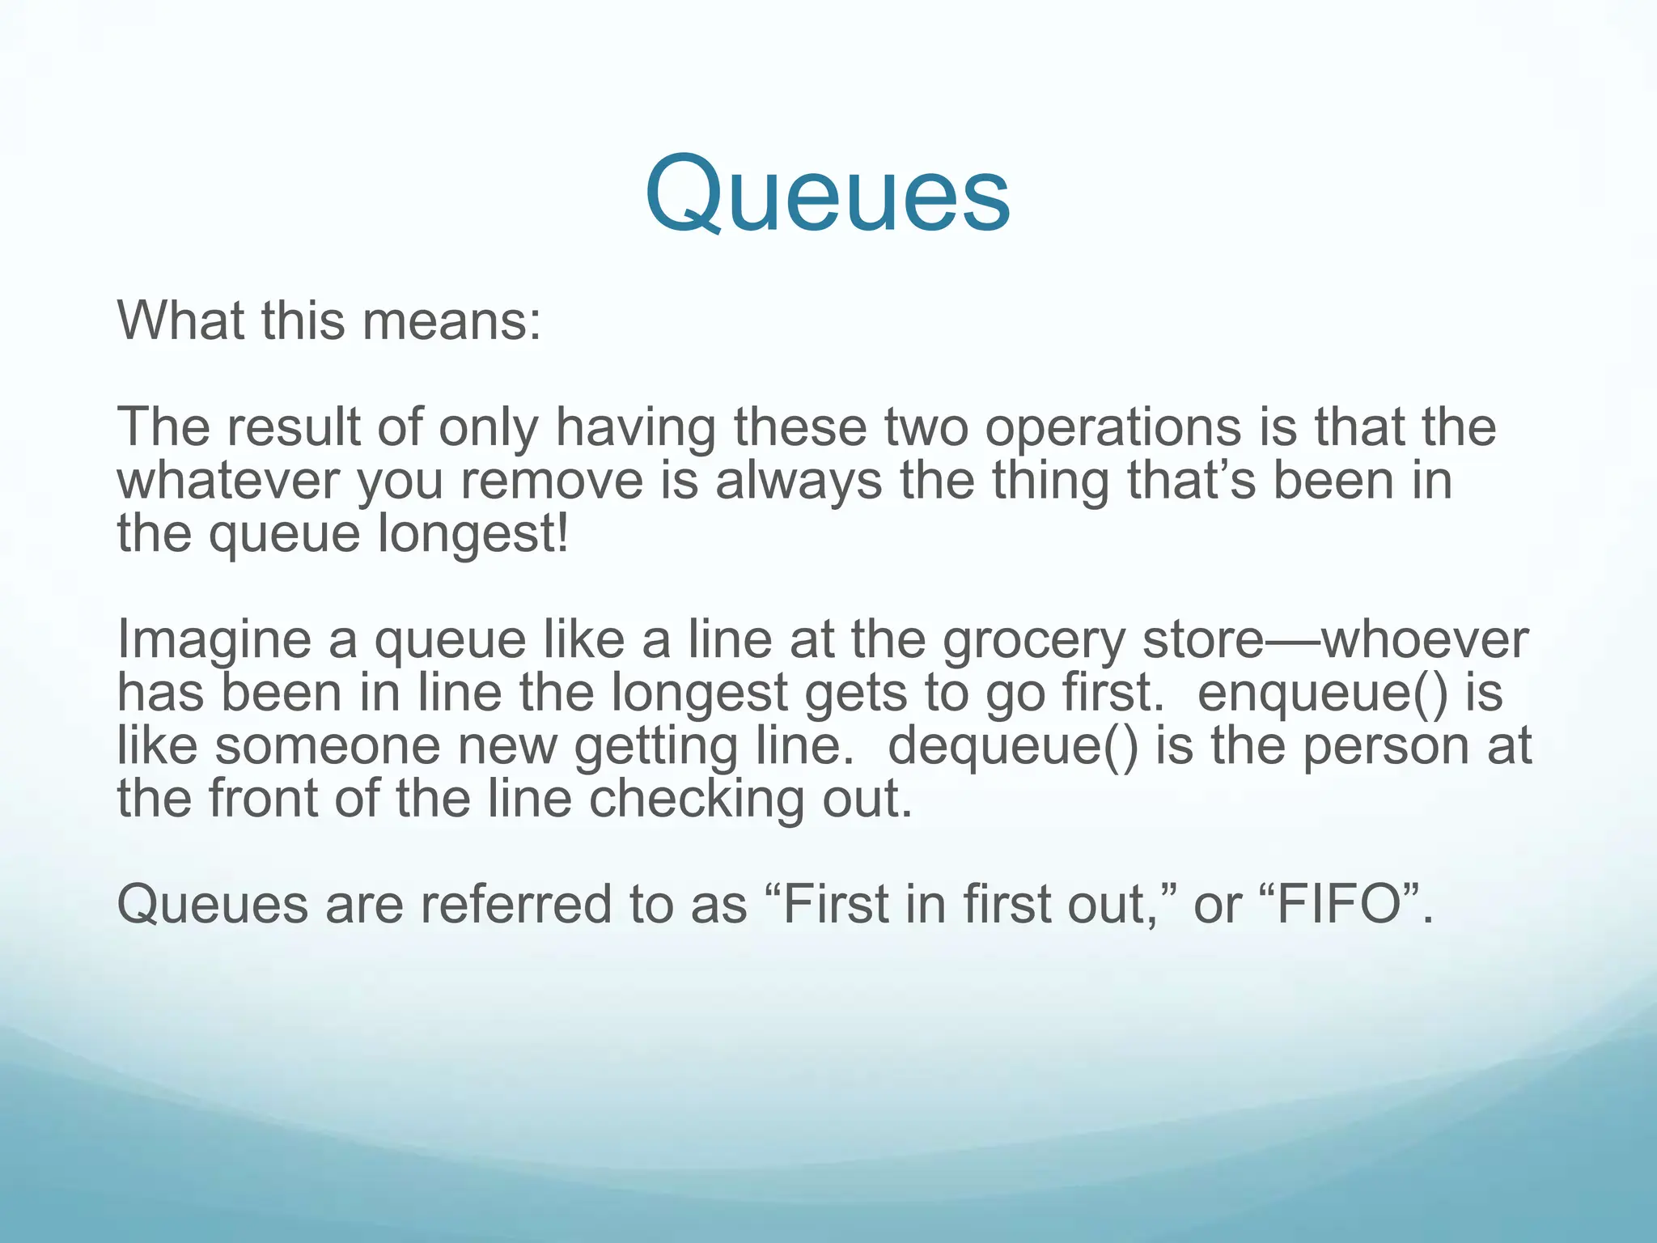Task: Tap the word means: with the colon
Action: coord(451,321)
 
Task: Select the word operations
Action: coord(1112,427)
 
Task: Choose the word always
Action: coord(798,481)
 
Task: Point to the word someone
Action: coord(328,746)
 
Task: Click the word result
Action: coord(293,427)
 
